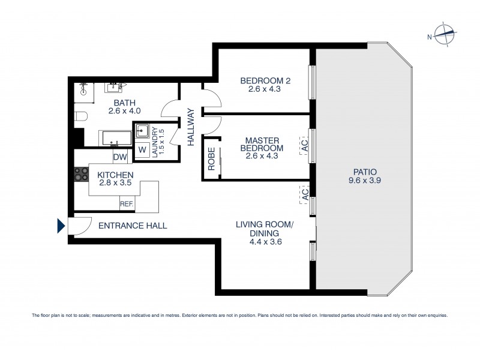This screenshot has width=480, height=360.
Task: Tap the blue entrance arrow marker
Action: [x=61, y=226]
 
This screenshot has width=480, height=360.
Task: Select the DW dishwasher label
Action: [x=119, y=157]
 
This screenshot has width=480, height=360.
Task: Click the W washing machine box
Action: [x=142, y=150]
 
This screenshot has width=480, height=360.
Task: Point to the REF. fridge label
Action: [x=127, y=205]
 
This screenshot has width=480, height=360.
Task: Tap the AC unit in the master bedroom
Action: [x=305, y=145]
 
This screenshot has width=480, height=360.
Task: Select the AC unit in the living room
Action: [x=305, y=193]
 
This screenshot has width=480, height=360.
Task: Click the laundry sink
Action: [x=143, y=130]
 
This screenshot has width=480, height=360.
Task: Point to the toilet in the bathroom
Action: [x=81, y=115]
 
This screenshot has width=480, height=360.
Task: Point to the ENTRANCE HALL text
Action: [x=132, y=226]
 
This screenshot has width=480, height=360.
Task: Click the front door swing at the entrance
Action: [x=77, y=225]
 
